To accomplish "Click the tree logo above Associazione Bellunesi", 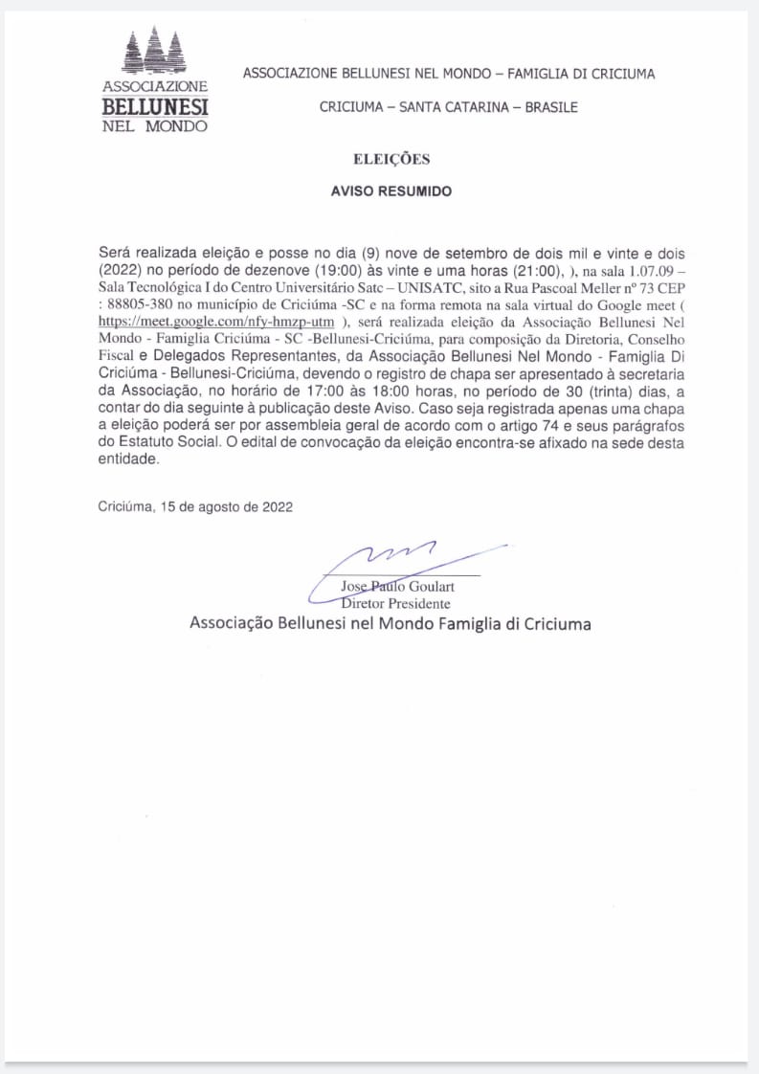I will click(x=155, y=53).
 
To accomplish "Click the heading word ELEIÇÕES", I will click(x=391, y=160).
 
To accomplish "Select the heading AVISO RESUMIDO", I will click(x=391, y=191).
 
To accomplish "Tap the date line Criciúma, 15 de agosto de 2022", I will click(x=195, y=507).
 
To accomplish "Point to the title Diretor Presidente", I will click(x=395, y=604).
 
